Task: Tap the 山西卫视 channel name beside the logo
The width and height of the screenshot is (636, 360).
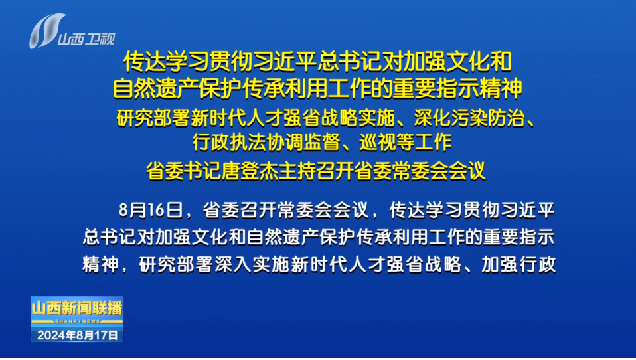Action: pos(87,39)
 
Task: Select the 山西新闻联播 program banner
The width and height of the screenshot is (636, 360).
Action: pos(77,308)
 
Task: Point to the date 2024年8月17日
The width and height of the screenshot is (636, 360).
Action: pos(78,335)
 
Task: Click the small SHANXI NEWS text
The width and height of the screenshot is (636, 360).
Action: pos(77,321)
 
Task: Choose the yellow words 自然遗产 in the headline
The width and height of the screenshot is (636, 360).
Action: pos(155,88)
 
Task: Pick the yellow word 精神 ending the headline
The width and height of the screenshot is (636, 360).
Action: pos(501,88)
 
